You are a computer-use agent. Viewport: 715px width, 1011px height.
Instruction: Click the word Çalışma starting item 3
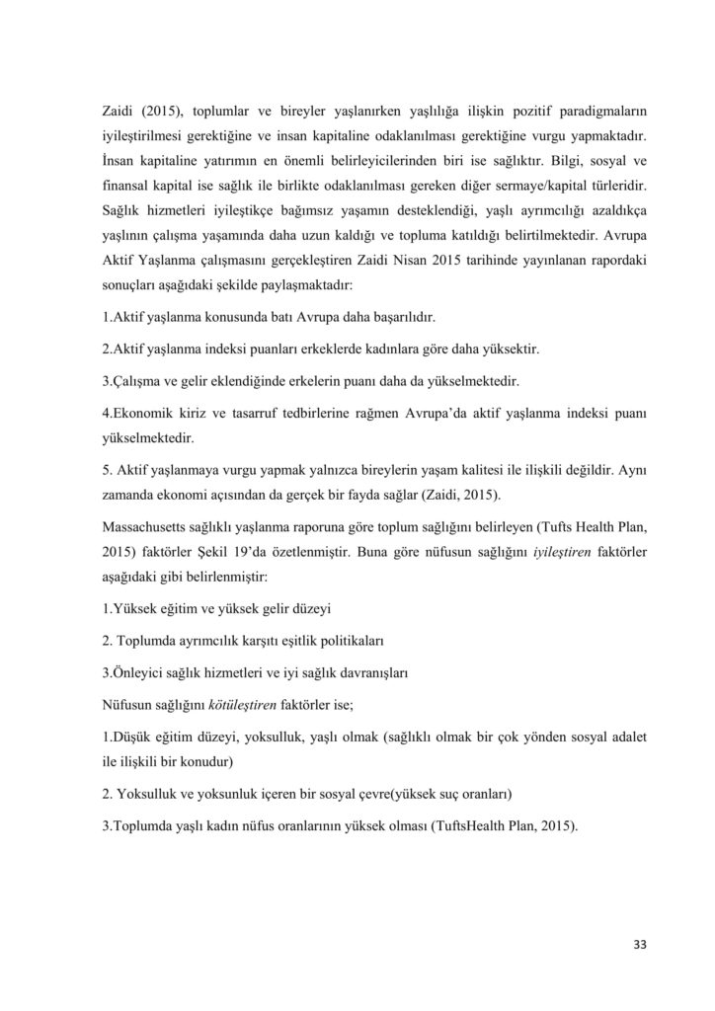[138, 379]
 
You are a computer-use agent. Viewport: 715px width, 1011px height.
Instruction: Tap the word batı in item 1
[264, 319]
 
